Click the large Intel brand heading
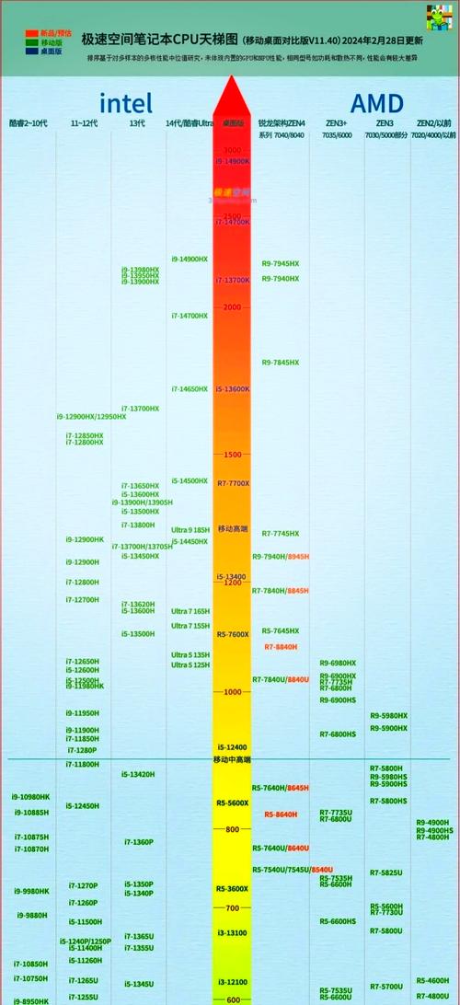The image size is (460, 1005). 126,103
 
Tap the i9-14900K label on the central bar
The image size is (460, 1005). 233,161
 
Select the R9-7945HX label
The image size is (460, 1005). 280,264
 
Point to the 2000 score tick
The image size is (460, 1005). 233,307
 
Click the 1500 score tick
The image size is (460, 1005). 233,455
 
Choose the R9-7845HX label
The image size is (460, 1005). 280,363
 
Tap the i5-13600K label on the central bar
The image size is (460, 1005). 233,389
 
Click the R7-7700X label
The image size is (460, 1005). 233,483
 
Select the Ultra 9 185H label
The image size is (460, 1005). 190,530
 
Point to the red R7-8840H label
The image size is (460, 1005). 281,647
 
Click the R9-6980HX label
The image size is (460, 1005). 338,664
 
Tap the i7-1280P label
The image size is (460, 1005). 82,750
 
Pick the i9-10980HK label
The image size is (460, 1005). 31,797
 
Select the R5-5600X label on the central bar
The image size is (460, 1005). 233,803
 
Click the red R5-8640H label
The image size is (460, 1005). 281,814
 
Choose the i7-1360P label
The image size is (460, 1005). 139,842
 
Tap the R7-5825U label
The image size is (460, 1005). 386,872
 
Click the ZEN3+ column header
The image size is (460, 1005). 336,122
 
